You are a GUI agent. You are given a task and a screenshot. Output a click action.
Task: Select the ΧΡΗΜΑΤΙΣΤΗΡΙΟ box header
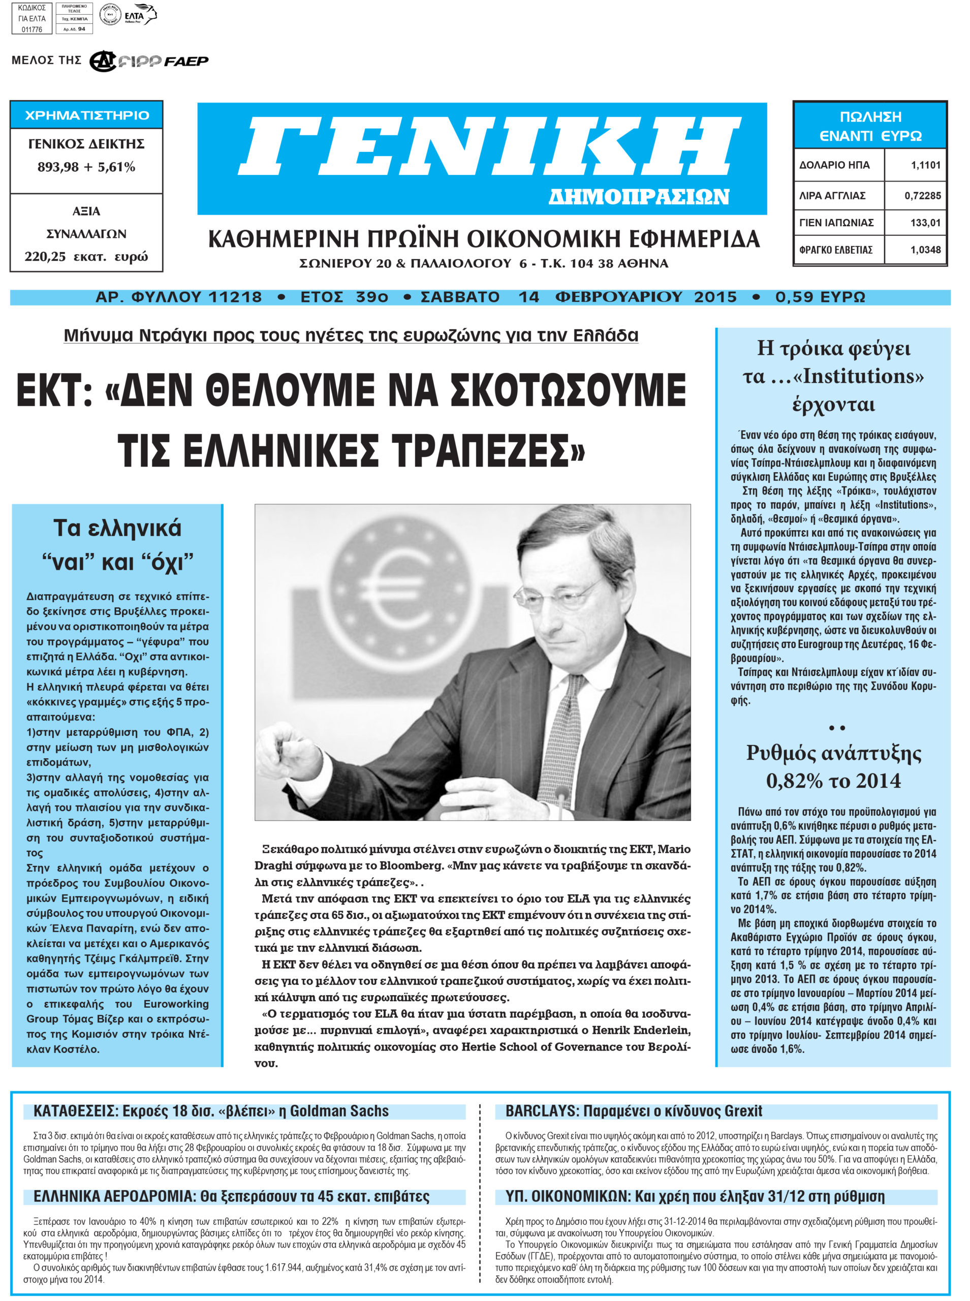tap(87, 115)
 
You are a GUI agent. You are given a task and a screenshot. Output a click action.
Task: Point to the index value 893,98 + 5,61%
tap(86, 167)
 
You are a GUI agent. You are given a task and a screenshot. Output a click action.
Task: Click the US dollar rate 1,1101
tap(925, 165)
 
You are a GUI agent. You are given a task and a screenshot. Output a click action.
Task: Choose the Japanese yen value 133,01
tap(925, 223)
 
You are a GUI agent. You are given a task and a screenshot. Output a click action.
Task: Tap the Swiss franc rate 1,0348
tap(925, 250)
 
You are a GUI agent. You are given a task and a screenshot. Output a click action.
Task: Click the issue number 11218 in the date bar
tap(235, 297)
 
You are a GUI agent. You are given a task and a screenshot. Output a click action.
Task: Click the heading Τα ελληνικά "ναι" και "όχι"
tap(117, 545)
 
